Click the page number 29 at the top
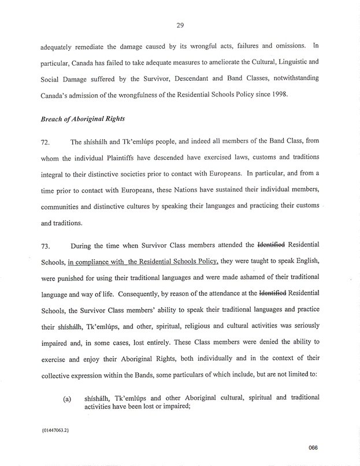pyautogui.click(x=180, y=25)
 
